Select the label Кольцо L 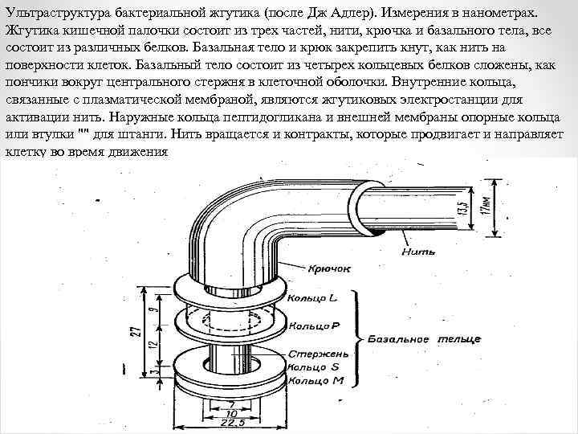point(319,299)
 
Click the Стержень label point(320,354)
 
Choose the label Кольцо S point(318,367)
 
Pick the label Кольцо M point(318,379)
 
